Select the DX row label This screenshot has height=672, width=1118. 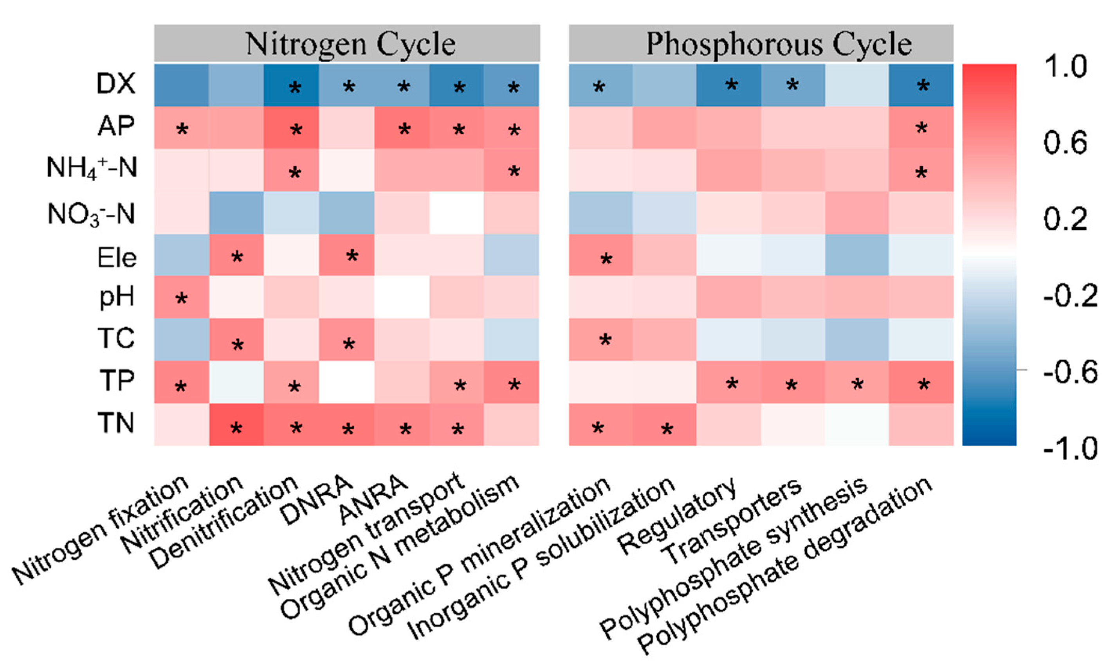(116, 84)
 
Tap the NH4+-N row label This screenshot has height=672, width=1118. (92, 168)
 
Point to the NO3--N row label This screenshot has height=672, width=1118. (92, 214)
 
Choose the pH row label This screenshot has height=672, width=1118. (117, 297)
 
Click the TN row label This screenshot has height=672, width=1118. (116, 424)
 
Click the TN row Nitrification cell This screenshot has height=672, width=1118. (236, 425)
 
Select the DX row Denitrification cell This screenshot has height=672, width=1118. (292, 85)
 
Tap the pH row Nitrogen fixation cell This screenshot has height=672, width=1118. (182, 297)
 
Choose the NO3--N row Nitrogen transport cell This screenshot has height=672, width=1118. (456, 213)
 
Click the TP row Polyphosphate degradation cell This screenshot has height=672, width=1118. (921, 382)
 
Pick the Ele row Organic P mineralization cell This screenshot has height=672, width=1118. (600, 255)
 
